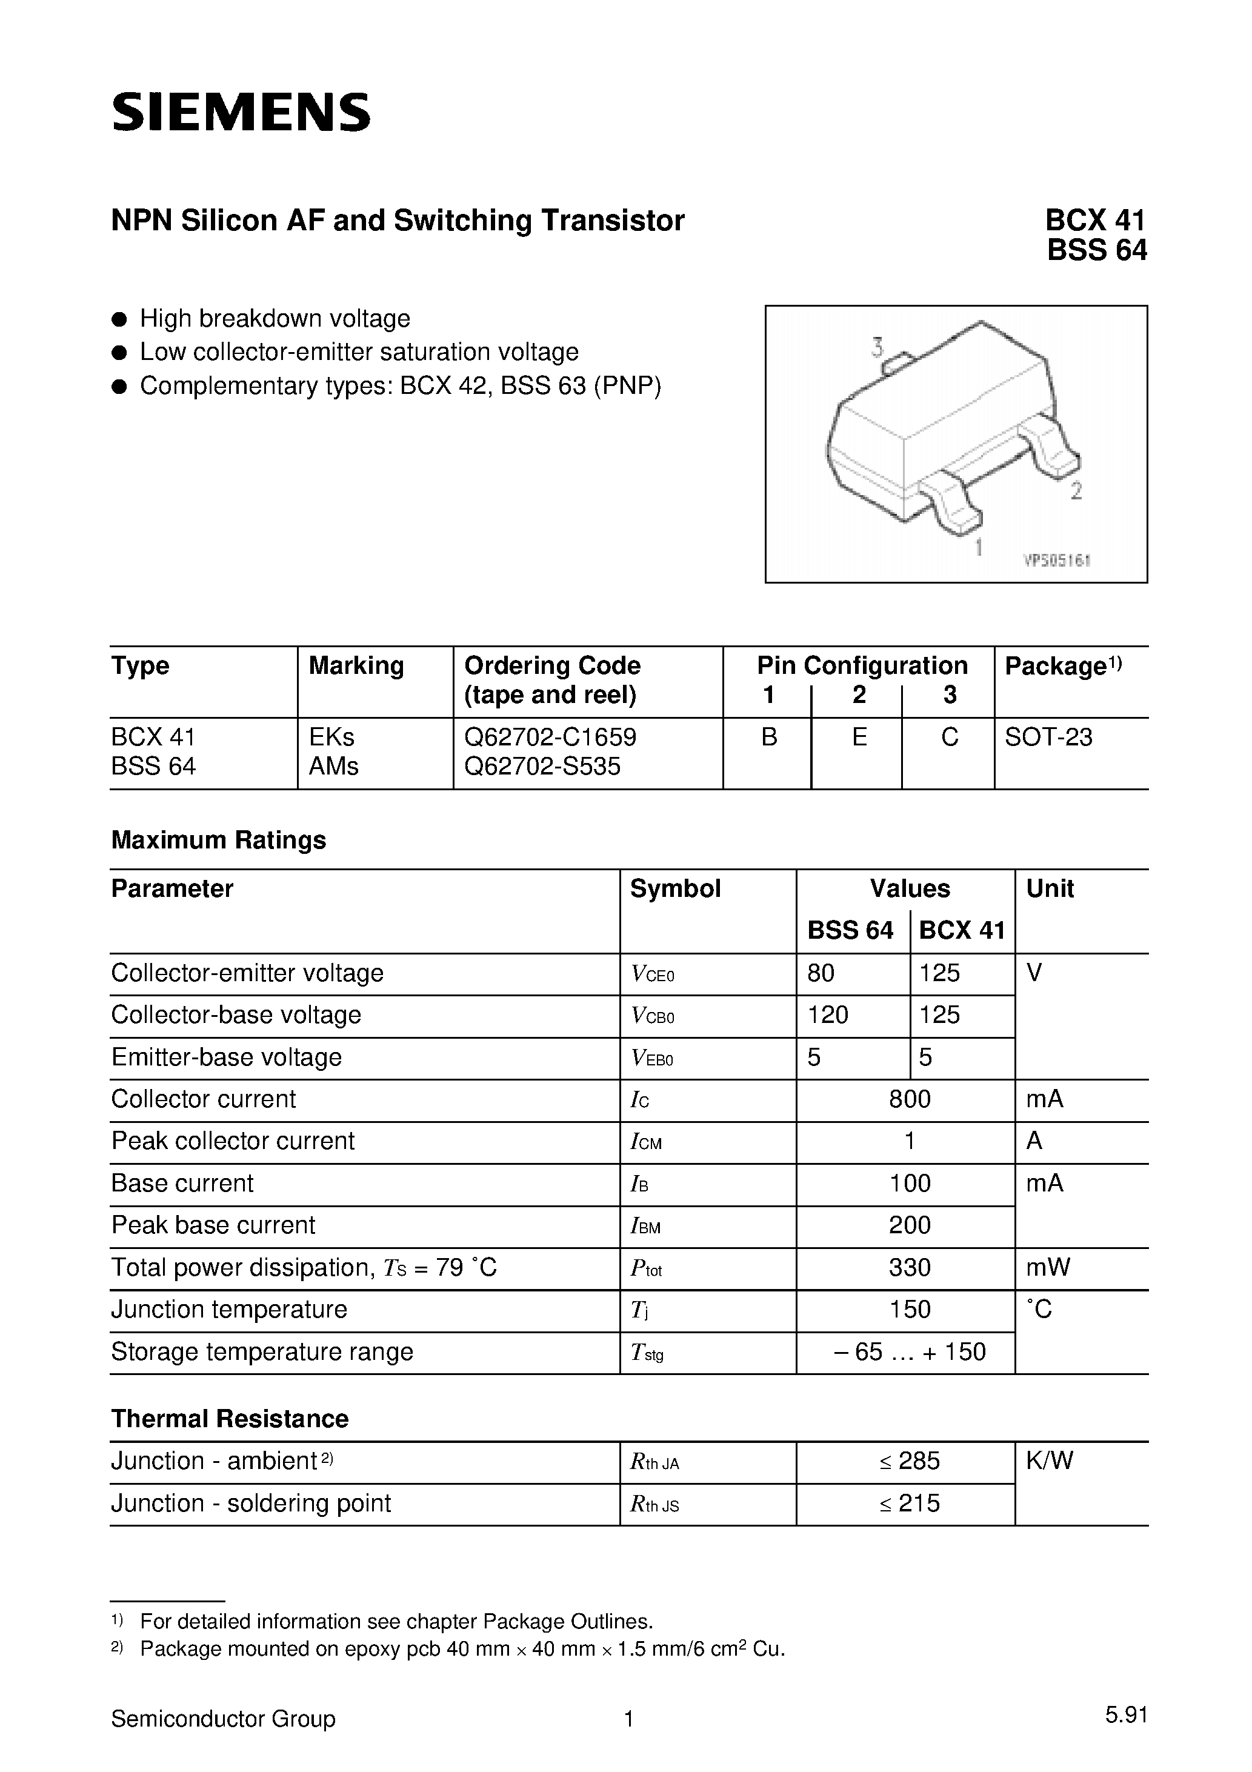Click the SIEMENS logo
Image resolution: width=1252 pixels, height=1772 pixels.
pos(241,113)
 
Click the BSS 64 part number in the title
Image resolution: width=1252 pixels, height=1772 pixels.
pos(1096,251)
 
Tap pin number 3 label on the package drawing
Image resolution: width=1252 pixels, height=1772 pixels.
pos(877,348)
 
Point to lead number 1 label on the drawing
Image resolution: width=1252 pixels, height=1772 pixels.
pos(978,547)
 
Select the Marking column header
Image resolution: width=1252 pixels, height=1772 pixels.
pos(356,665)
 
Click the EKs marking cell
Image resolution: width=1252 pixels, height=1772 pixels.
pos(332,737)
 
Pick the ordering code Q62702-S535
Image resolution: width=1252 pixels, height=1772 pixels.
pos(542,767)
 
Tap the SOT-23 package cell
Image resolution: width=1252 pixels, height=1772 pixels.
pos(1048,737)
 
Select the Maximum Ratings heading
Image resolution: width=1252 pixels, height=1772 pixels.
pos(218,840)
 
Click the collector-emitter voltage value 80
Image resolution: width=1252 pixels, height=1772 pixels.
pos(821,973)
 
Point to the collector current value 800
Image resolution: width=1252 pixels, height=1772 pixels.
pos(909,1099)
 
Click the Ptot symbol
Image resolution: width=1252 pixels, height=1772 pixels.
pos(646,1268)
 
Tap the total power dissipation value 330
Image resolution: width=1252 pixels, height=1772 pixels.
pos(909,1267)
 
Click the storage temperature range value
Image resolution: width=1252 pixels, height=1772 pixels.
pos(909,1351)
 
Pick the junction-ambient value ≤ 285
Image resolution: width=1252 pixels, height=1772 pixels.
pos(909,1461)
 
